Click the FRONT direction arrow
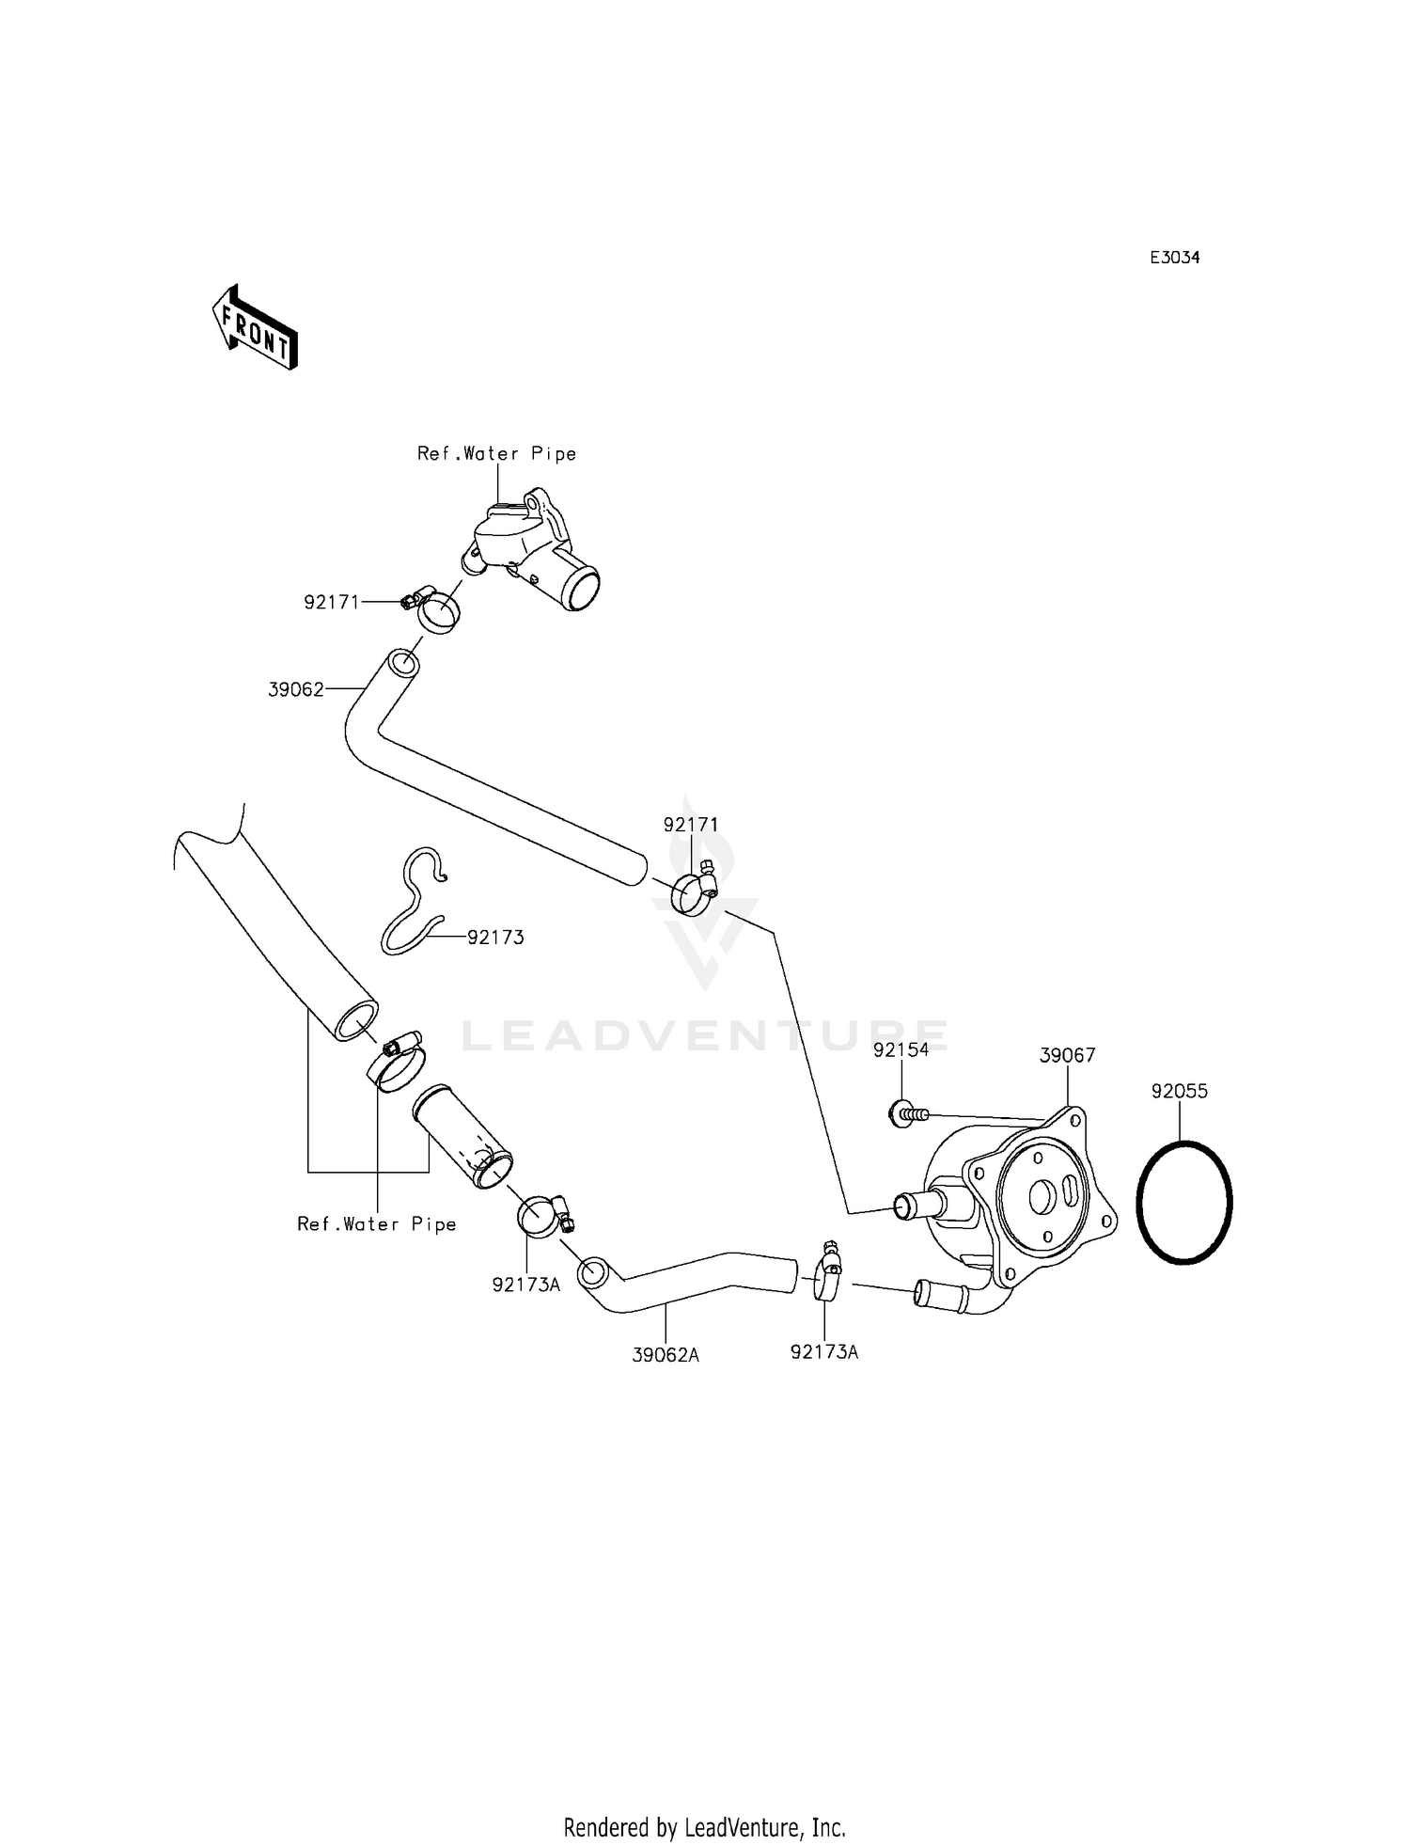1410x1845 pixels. click(x=255, y=326)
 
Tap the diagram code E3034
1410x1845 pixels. click(x=1175, y=258)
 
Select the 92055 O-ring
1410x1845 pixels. click(x=1184, y=1202)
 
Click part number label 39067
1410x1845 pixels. click(x=1067, y=1056)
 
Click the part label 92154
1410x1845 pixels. click(x=901, y=1049)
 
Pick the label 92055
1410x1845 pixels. click(x=1180, y=1091)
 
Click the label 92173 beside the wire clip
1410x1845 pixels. click(x=495, y=938)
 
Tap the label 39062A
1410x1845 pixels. click(x=666, y=1355)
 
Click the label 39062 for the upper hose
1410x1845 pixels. click(x=296, y=689)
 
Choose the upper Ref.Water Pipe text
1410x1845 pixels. click(x=496, y=453)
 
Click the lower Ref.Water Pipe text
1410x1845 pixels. click(x=377, y=1223)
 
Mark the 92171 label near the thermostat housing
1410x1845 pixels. click(x=332, y=602)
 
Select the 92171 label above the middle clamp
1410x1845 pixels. click(x=691, y=825)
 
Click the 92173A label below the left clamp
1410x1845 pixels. click(x=525, y=1285)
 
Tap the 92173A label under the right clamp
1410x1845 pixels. click(x=824, y=1352)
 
